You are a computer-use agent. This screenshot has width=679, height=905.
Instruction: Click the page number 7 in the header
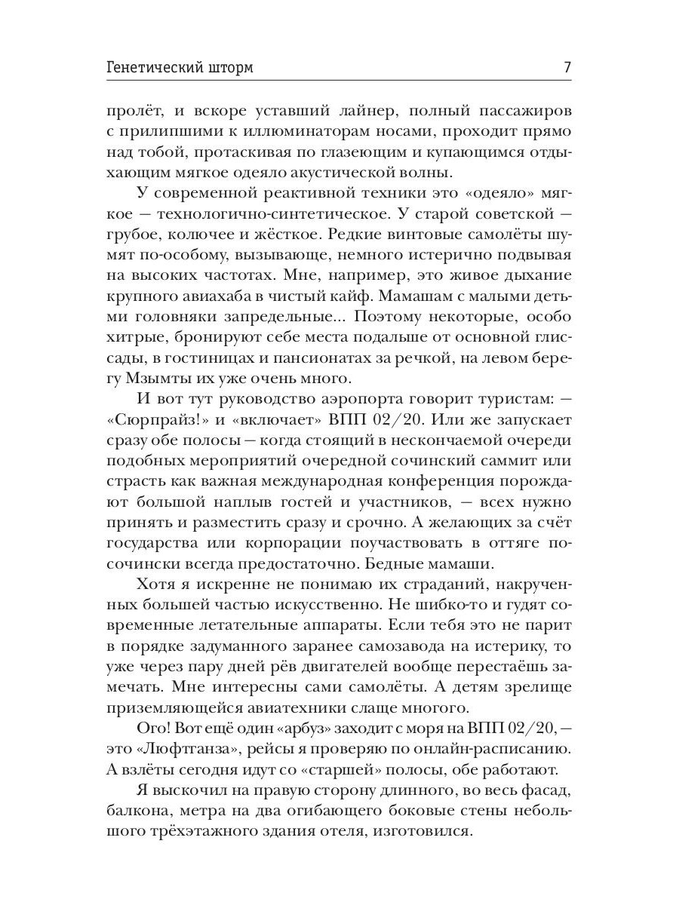[567, 67]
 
